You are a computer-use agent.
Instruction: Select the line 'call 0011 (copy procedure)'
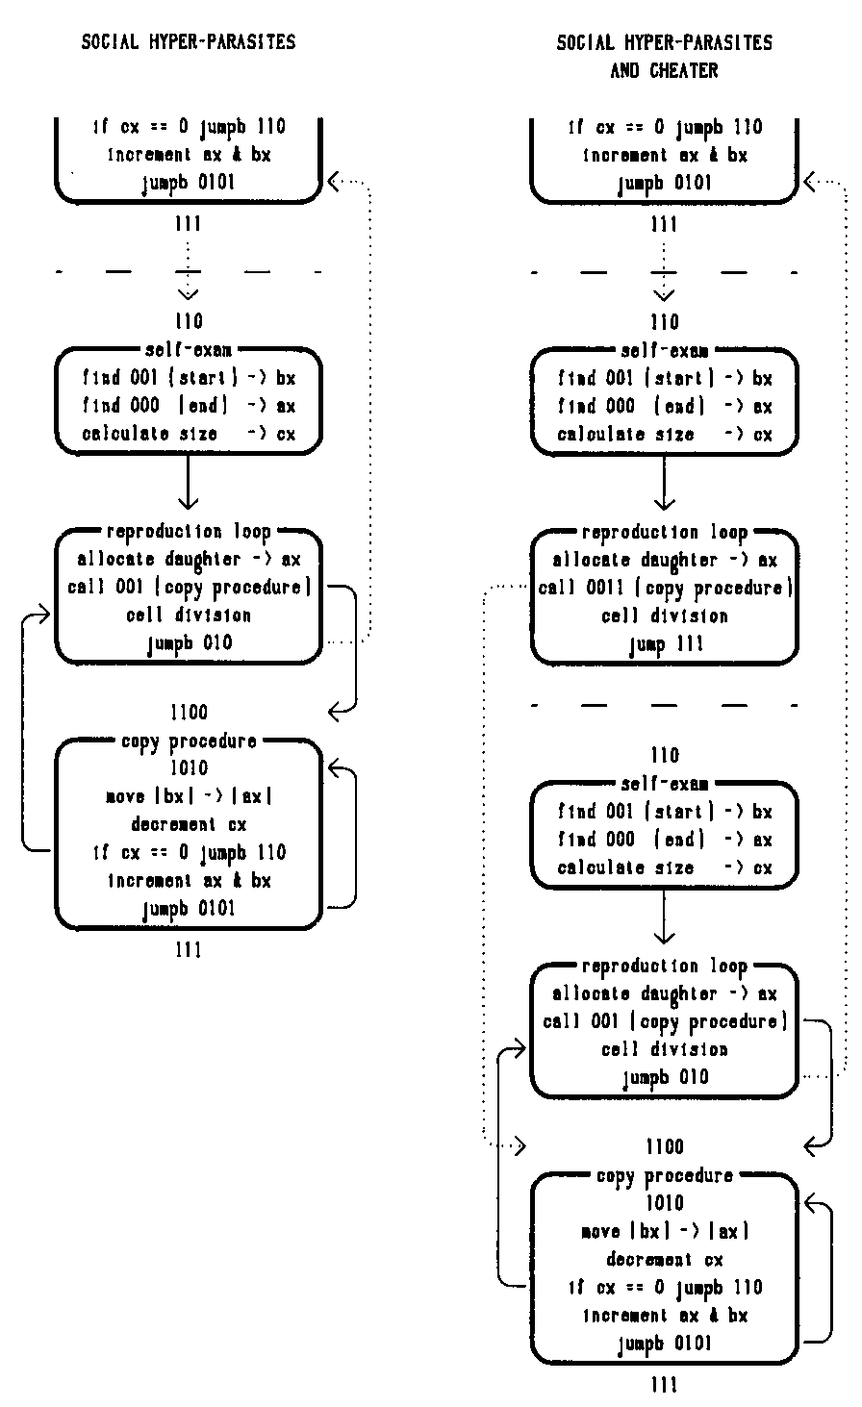tap(664, 588)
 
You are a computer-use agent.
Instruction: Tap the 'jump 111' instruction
tap(665, 643)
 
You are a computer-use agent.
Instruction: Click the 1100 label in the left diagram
tap(188, 713)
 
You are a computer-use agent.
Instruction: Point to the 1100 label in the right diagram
tap(665, 1146)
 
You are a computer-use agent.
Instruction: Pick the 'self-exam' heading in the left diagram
tap(189, 353)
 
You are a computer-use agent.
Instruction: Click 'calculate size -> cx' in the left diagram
tap(189, 435)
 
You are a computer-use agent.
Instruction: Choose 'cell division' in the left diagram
tap(189, 615)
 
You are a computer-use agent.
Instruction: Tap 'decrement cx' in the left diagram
tap(189, 824)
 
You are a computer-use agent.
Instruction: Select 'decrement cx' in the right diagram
tap(665, 1259)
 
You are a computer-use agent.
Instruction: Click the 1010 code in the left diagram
tap(189, 768)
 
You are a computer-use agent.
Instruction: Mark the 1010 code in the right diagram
tap(665, 1203)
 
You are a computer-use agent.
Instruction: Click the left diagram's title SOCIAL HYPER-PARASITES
tap(189, 42)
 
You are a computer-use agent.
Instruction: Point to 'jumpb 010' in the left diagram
tap(189, 643)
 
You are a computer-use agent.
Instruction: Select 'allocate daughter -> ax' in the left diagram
tap(189, 559)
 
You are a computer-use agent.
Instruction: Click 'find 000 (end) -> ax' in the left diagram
tap(189, 407)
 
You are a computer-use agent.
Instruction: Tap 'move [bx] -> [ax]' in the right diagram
tap(665, 1231)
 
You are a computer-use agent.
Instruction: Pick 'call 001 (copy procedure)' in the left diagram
tap(189, 587)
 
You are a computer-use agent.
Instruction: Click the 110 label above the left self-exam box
tap(189, 321)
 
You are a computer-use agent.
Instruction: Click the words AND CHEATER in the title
tap(664, 71)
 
